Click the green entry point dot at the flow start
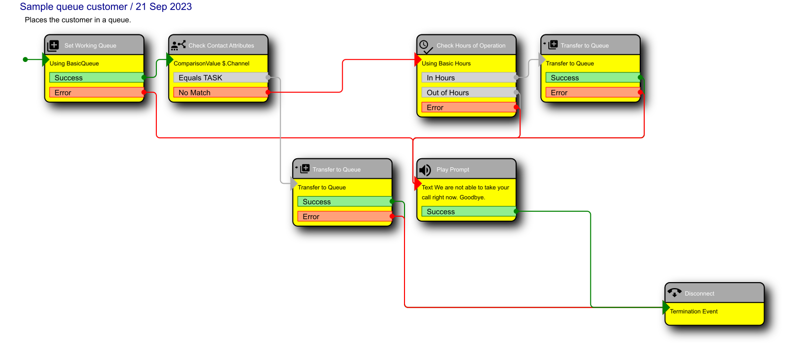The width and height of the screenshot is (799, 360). coord(25,59)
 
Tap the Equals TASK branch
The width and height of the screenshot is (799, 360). coord(220,78)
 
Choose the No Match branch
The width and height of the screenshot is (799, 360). coord(220,93)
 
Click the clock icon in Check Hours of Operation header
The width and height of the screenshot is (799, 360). coord(425,45)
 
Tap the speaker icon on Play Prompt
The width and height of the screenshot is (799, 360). coord(425,170)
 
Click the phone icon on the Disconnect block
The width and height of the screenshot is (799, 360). coord(674,293)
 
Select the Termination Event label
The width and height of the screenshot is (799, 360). coord(694,312)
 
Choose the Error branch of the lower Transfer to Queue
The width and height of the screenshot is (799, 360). coord(344,217)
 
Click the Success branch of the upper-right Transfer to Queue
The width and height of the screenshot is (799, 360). coord(592,78)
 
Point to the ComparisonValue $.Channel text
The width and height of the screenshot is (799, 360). coord(211,63)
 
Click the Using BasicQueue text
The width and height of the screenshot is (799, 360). coord(74,63)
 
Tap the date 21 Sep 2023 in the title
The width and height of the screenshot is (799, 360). coord(163,7)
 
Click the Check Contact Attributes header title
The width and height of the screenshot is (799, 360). coord(221,45)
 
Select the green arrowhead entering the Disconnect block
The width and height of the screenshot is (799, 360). coord(666,308)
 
